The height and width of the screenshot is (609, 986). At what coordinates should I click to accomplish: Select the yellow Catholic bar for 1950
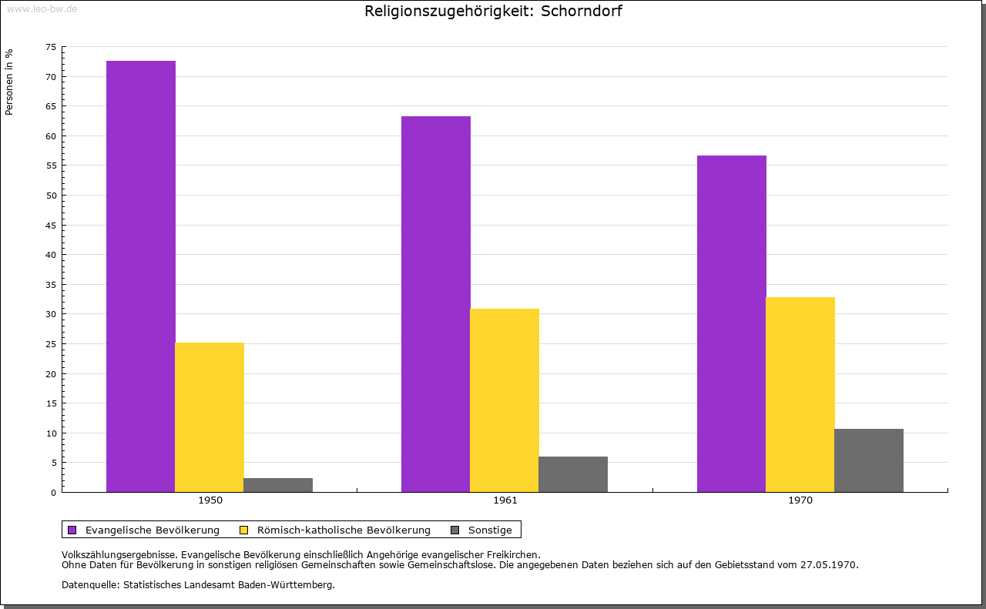210,417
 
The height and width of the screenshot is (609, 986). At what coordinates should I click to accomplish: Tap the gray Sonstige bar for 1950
278,485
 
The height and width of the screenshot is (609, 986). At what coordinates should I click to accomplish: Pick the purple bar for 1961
436,303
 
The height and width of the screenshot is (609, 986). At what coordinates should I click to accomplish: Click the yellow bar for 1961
505,400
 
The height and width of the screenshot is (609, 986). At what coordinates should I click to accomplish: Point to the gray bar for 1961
573,474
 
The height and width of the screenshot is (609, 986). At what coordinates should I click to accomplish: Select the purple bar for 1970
732,323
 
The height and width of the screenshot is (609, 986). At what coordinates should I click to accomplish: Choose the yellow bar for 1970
800,394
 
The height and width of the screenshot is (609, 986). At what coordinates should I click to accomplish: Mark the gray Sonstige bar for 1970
869,460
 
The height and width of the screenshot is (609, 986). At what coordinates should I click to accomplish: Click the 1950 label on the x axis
210,500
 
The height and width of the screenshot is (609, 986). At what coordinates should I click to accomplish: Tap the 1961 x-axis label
505,500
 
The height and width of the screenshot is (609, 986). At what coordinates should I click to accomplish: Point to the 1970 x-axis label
800,500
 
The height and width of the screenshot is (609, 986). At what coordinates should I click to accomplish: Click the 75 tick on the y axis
51,47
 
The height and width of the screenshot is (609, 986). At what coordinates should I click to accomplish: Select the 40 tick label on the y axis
51,255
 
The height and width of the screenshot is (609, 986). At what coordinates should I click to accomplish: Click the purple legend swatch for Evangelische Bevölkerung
72,530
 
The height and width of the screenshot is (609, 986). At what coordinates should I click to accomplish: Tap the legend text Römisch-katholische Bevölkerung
344,530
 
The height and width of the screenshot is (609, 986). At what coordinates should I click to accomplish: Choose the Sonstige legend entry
490,530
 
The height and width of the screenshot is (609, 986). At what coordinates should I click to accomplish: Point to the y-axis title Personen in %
9,82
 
